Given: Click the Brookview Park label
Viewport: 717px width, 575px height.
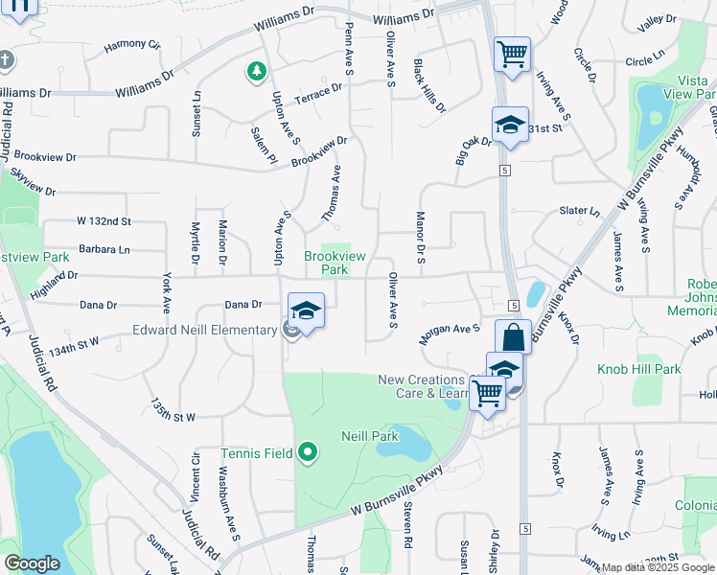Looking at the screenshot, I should click(x=326, y=263).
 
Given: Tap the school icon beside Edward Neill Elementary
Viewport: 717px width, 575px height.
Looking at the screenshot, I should click(x=306, y=311).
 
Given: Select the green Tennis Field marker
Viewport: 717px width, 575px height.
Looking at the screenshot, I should click(x=308, y=450).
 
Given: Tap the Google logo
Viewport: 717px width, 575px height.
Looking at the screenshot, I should click(x=32, y=563).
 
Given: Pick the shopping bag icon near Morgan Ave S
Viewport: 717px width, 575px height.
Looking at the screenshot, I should click(x=513, y=337).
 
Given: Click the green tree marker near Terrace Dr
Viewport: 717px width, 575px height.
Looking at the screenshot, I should click(x=256, y=70).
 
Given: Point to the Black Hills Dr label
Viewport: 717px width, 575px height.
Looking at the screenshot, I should click(x=428, y=85).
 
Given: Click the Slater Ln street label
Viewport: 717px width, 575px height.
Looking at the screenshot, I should click(x=579, y=211).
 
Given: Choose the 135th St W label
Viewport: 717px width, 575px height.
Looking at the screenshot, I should click(x=172, y=410).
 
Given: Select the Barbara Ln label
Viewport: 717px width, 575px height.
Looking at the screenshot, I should click(x=104, y=249).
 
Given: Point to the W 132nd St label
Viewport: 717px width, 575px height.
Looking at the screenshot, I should click(x=104, y=221).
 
